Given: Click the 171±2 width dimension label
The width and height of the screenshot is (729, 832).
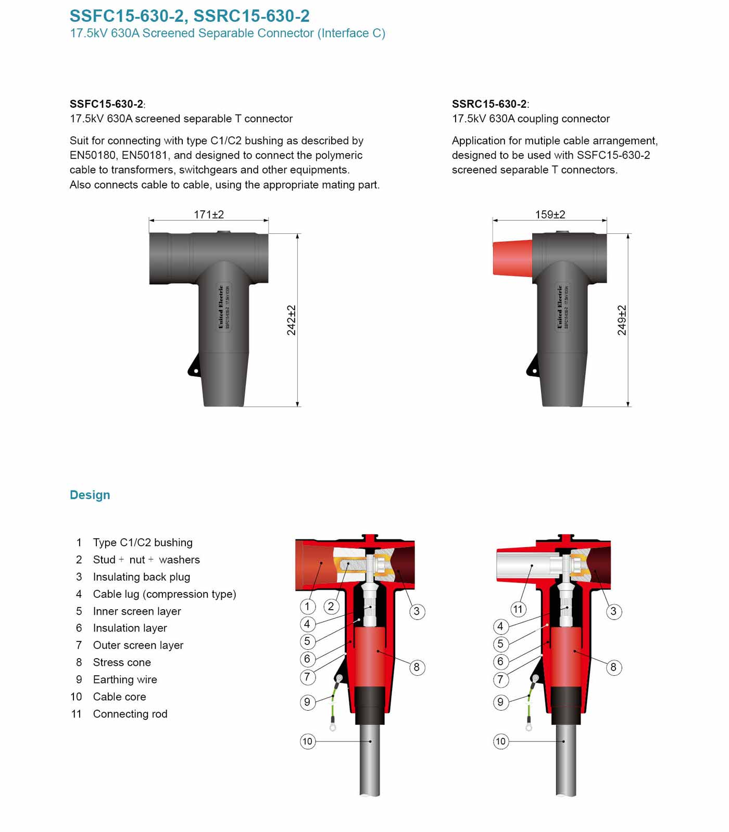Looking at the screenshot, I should point(208,215).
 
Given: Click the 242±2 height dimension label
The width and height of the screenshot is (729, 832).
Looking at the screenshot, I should point(291,320).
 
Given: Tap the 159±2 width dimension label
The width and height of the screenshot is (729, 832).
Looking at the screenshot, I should point(550,215).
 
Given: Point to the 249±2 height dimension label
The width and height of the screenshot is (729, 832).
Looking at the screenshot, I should point(622,320).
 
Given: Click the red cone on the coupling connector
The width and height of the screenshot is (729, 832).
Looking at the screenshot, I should point(512,257).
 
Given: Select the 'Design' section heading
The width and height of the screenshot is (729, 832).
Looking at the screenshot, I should point(90,495).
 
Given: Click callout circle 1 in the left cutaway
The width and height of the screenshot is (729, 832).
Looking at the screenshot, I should point(307,606).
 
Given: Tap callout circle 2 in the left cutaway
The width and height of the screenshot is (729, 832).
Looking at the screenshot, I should point(331,606).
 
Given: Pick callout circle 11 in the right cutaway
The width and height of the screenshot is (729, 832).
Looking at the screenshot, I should point(518,609).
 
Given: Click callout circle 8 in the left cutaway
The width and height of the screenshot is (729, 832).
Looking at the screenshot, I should point(417,667).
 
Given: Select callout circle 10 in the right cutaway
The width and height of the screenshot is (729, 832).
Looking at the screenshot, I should point(500,741).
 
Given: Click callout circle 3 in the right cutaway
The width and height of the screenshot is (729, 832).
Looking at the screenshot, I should point(613,611).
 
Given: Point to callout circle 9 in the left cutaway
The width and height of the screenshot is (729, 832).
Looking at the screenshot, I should point(307,702).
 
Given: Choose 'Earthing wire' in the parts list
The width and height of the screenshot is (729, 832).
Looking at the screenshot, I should point(125,679).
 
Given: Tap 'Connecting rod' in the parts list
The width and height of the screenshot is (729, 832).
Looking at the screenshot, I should point(130,714).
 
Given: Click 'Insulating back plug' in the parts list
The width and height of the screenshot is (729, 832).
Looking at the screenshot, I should point(142,577).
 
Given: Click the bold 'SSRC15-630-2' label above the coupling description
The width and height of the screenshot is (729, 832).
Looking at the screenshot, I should point(489,104).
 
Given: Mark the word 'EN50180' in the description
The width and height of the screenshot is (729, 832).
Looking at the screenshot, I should point(92,155).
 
